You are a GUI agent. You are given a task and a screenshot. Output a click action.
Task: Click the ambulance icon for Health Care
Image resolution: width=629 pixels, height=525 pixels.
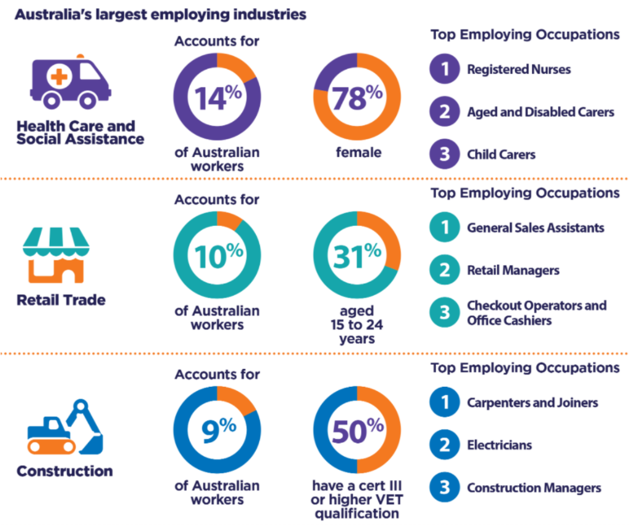(x=70, y=82)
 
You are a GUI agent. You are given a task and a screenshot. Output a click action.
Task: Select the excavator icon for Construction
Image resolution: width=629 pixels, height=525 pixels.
(x=66, y=428)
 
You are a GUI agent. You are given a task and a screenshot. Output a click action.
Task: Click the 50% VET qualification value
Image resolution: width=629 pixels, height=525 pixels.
(x=357, y=430)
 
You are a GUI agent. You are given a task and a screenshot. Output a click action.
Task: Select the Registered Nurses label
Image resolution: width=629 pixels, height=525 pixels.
(x=518, y=69)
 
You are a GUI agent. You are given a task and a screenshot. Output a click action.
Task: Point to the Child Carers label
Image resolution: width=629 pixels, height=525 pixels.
(x=501, y=154)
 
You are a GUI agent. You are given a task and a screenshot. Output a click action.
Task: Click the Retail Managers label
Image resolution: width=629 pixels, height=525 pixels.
(x=513, y=270)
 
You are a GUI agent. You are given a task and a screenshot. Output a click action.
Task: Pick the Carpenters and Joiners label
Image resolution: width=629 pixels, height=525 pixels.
(x=532, y=403)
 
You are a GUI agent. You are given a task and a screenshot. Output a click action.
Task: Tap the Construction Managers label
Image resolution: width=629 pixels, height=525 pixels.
(x=534, y=488)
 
